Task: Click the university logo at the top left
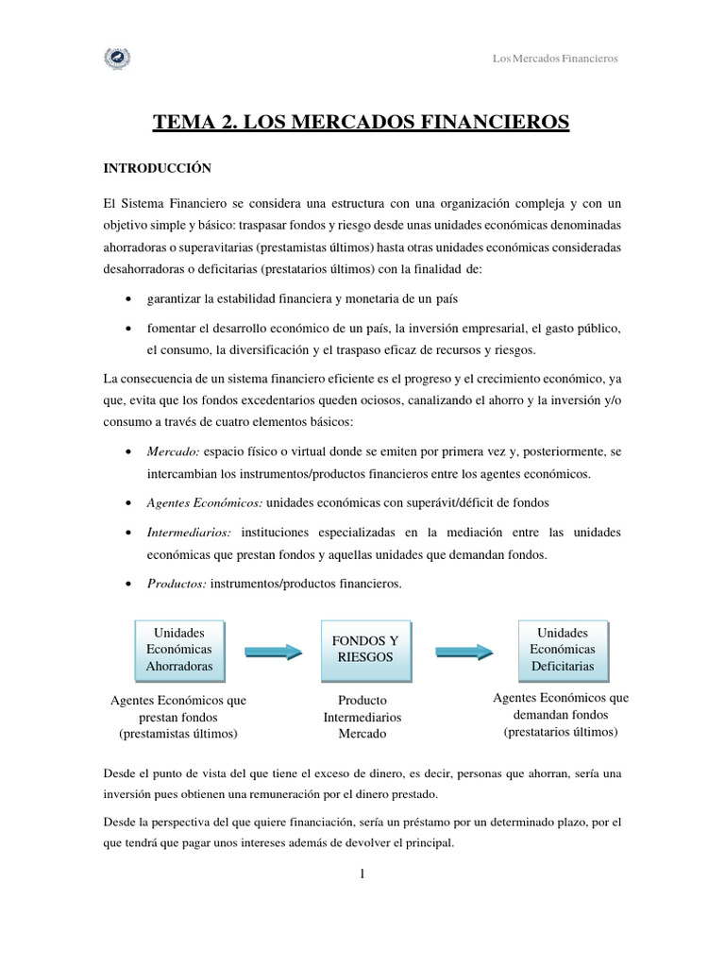pyautogui.click(x=117, y=59)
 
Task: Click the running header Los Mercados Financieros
pyautogui.click(x=555, y=59)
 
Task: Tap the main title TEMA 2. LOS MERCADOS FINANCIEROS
pyautogui.click(x=362, y=121)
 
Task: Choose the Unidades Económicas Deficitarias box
pyautogui.click(x=562, y=650)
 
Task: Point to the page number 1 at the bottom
pyautogui.click(x=362, y=874)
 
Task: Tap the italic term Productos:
pyautogui.click(x=177, y=584)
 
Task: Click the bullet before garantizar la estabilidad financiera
pyautogui.click(x=128, y=299)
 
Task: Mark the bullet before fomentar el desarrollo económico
pyautogui.click(x=128, y=330)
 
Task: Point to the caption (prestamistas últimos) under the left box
pyautogui.click(x=178, y=734)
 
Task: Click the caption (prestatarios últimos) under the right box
pyautogui.click(x=561, y=732)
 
